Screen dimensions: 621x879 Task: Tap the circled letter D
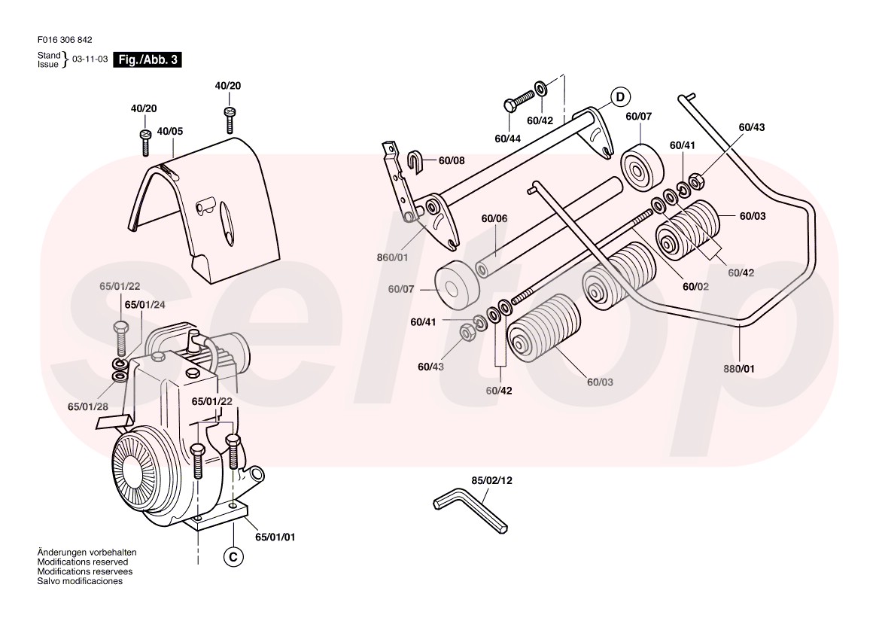(x=619, y=97)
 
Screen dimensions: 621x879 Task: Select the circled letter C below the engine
(x=233, y=556)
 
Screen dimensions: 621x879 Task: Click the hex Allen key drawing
(x=470, y=511)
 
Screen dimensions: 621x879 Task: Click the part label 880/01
(x=740, y=369)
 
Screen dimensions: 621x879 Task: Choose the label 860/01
(x=393, y=257)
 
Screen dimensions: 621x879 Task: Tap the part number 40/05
(x=169, y=131)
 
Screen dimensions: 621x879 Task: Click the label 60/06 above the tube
(x=494, y=218)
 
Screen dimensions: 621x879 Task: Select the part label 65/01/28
(x=87, y=406)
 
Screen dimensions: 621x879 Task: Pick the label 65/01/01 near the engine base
(x=275, y=537)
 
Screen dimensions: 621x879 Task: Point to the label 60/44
(x=507, y=139)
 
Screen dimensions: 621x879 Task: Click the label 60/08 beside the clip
(x=452, y=160)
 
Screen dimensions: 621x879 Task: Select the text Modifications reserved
(x=83, y=562)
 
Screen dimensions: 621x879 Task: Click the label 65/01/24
(x=144, y=305)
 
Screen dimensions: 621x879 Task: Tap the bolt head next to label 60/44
(x=508, y=105)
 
